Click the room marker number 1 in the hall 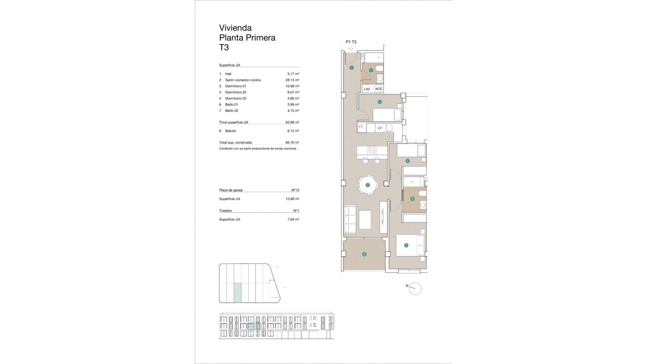351,68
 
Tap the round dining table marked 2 368,185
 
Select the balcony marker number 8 364,254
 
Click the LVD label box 367,89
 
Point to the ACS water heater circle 378,89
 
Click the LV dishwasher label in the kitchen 380,128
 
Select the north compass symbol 415,289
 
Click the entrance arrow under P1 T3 351,49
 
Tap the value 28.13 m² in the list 292,80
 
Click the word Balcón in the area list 230,131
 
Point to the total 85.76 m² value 292,143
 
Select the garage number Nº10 295,190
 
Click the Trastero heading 225,211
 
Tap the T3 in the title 224,48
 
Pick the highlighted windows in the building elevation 254,326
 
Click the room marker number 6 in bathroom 412,199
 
